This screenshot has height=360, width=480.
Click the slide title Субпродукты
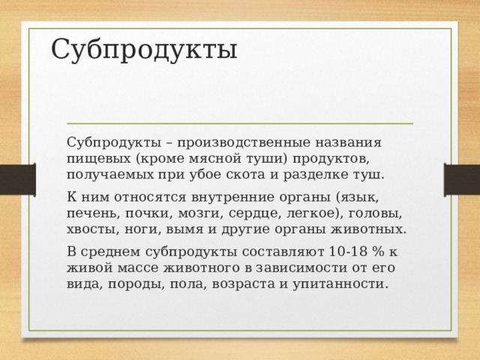click(x=144, y=49)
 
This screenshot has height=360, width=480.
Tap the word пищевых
click(x=99, y=159)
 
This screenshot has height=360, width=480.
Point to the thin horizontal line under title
click(x=240, y=122)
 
